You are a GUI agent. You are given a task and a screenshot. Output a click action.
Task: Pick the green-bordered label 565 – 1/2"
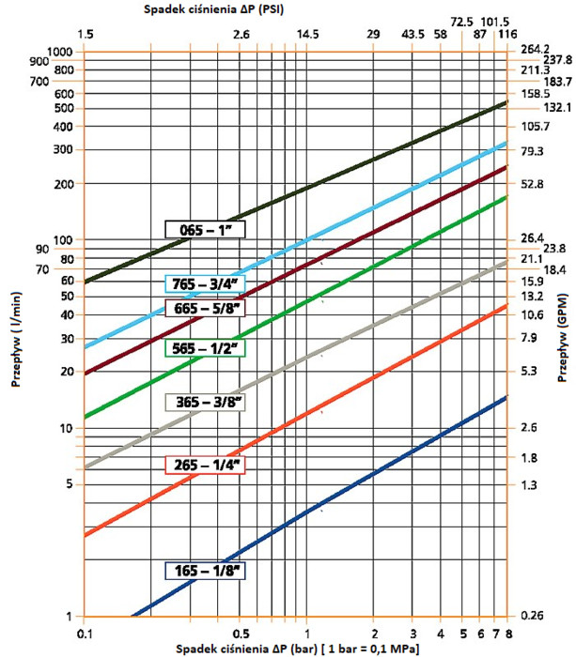point(204,348)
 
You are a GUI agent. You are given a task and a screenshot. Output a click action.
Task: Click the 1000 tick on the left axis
point(58,51)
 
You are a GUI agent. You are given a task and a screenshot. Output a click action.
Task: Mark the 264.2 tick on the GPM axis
point(534,51)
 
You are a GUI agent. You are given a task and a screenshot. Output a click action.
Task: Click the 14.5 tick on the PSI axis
point(308,35)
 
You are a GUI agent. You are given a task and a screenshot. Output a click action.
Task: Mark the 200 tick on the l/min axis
point(62,183)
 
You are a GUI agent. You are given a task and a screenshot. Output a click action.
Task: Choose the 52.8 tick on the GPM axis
point(532,184)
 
